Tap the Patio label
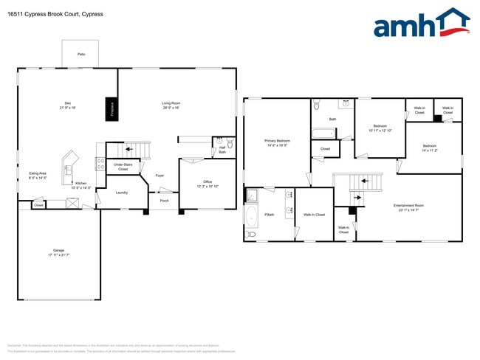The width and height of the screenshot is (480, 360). pos(80,54)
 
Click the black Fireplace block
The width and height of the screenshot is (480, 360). pos(112,108)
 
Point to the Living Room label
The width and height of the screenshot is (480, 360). pos(171,105)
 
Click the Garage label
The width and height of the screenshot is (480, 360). pos(58,252)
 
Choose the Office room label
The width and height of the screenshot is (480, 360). pos(208,184)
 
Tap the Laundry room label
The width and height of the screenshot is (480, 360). pos(122,193)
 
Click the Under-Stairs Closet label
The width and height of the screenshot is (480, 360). pos(123,167)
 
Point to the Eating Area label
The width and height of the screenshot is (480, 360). pos(38,176)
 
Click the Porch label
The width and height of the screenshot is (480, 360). pos(164,201)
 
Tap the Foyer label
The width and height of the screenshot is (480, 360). pos(160,176)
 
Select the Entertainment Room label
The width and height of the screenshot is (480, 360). pos(408,207)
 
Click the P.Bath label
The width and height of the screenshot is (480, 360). pos(270,215)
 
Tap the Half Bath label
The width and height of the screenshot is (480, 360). pos(222,150)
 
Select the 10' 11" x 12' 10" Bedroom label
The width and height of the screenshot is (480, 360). pos(380,128)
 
